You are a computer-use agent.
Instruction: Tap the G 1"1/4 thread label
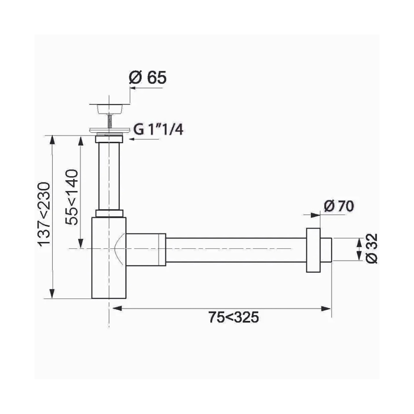(x=158, y=130)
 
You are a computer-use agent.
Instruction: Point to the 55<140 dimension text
(x=71, y=197)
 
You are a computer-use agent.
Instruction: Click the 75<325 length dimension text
(x=234, y=317)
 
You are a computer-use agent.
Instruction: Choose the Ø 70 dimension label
(x=339, y=206)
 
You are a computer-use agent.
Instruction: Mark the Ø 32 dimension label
(x=372, y=248)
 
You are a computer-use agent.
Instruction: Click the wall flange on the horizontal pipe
(x=313, y=250)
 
